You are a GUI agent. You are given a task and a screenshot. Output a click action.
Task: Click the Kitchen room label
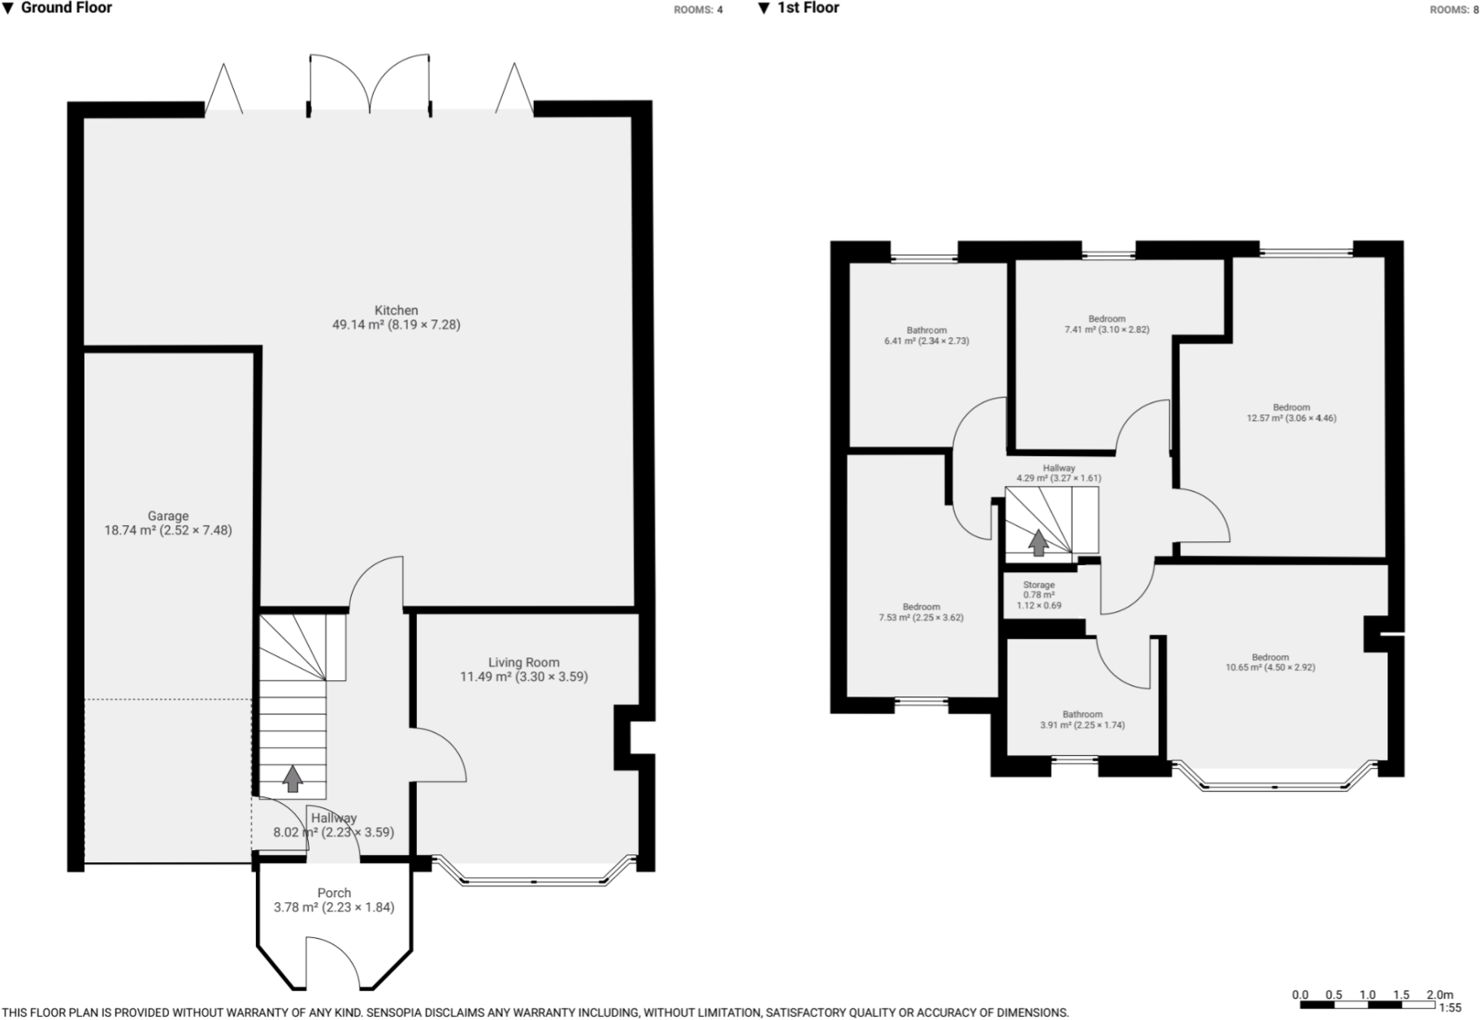pyautogui.click(x=396, y=310)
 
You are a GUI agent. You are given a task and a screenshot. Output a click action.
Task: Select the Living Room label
pyautogui.click(x=523, y=662)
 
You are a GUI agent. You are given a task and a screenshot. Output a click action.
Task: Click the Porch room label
pyautogui.click(x=334, y=893)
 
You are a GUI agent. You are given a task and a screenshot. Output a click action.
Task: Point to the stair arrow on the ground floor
pyautogui.click(x=293, y=779)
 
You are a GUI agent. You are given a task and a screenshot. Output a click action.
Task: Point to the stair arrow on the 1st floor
pyautogui.click(x=1038, y=542)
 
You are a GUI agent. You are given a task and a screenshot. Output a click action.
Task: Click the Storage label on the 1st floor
pyautogui.click(x=1039, y=585)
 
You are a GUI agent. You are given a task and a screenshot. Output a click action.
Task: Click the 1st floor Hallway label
pyautogui.click(x=1058, y=469)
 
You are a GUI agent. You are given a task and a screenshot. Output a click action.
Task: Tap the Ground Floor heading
pyautogui.click(x=65, y=8)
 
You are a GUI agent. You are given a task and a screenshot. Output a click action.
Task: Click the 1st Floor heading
pyautogui.click(x=807, y=8)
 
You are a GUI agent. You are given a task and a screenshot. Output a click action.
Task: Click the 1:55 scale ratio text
pyautogui.click(x=1449, y=1008)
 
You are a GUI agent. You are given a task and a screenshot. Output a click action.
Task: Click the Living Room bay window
pyautogui.click(x=534, y=880)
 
